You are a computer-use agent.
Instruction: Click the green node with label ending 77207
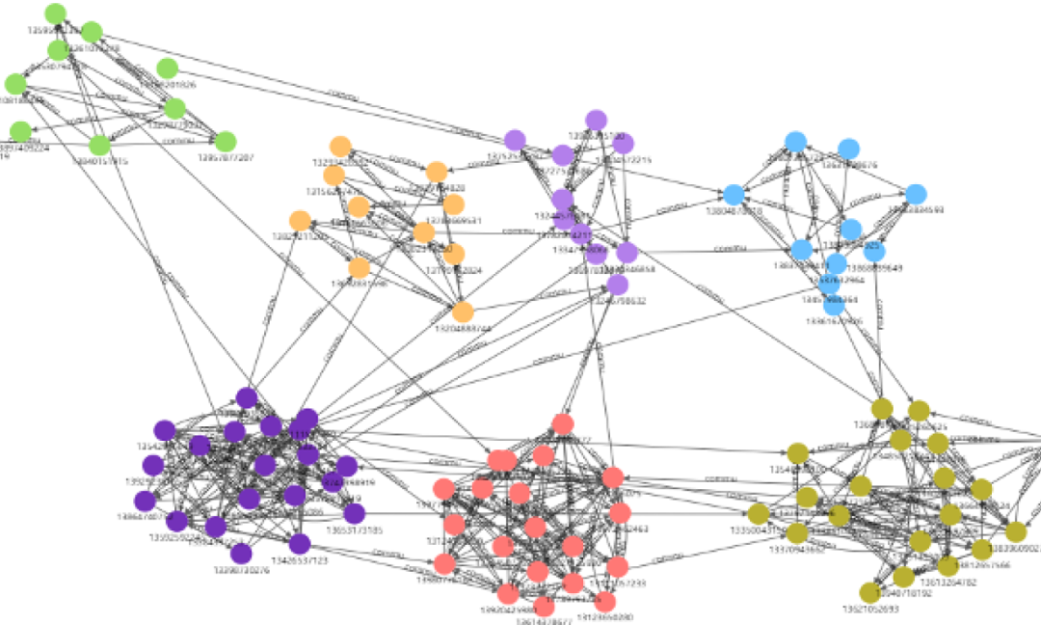(x=226, y=142)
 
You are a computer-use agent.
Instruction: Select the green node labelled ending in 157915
(x=99, y=146)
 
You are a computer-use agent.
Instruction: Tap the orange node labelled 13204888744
(x=464, y=312)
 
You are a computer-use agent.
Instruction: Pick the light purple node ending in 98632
(x=618, y=285)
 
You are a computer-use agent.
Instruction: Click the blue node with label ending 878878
(x=733, y=194)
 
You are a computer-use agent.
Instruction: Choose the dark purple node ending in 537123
(x=300, y=544)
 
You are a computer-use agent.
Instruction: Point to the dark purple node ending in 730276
(x=241, y=553)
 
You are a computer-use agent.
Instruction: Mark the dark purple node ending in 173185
(x=355, y=512)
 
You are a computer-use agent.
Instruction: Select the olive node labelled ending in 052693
(x=870, y=592)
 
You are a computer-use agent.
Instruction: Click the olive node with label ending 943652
(x=797, y=533)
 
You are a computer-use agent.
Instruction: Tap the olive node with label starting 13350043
(x=759, y=514)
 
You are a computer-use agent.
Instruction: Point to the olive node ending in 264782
(x=903, y=577)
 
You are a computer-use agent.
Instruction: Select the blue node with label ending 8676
(x=848, y=149)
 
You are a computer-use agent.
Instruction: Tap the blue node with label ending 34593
(x=916, y=193)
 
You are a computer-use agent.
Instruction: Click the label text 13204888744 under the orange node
(x=466, y=329)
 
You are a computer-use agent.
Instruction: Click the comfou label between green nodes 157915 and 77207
(x=171, y=142)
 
